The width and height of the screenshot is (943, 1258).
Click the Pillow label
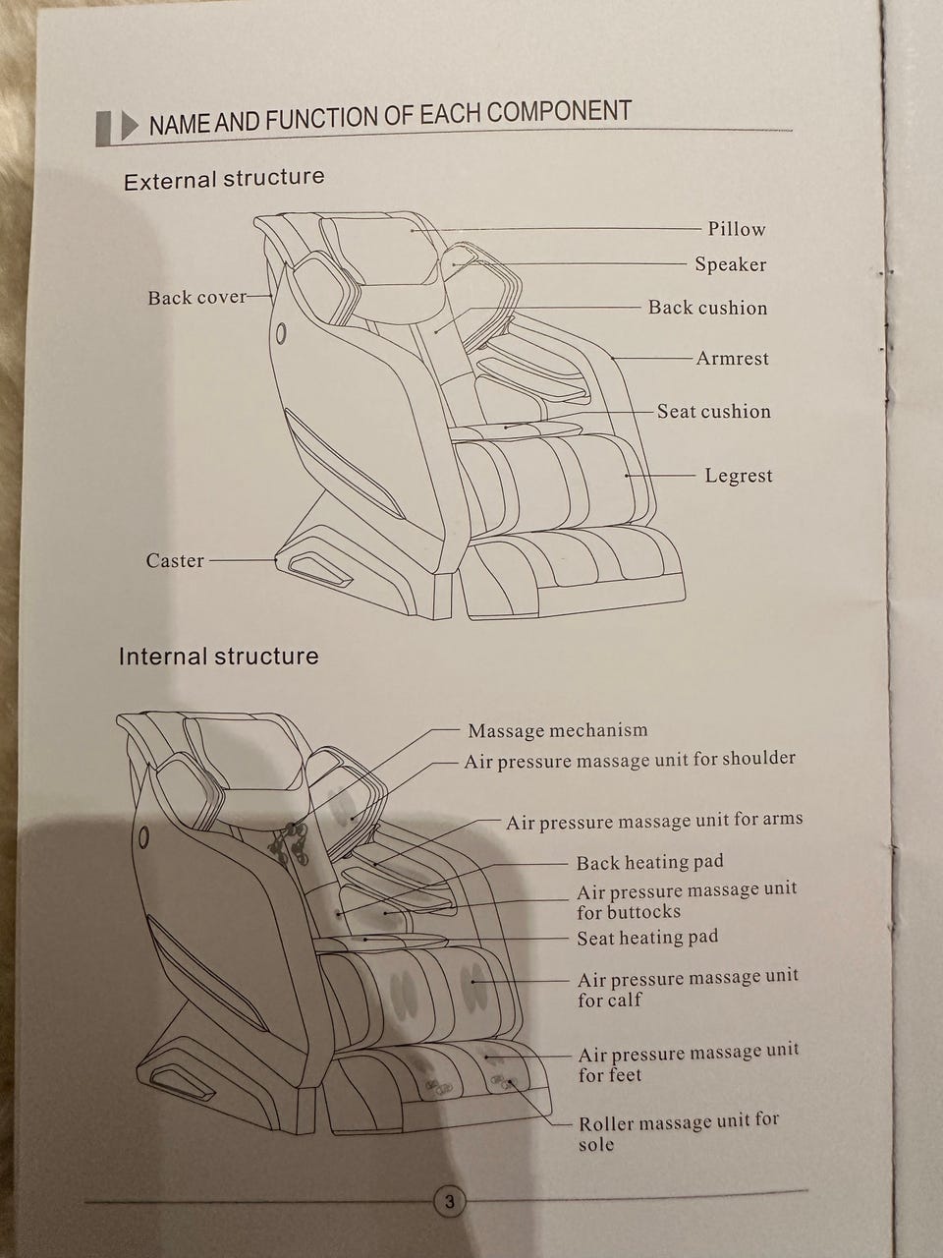click(x=736, y=229)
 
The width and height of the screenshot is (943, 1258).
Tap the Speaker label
click(x=730, y=264)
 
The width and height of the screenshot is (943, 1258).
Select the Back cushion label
click(x=707, y=308)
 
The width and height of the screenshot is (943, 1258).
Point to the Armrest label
click(x=732, y=359)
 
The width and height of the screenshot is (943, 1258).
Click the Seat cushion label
click(x=713, y=412)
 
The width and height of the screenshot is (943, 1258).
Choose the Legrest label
click(x=738, y=476)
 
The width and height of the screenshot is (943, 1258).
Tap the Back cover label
click(x=196, y=298)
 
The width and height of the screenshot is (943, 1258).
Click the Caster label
click(x=175, y=561)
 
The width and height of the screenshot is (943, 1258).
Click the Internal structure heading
click(x=218, y=657)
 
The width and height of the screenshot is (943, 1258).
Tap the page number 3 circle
click(x=449, y=1201)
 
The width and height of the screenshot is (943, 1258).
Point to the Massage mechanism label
click(x=557, y=730)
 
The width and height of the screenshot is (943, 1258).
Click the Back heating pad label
click(x=649, y=863)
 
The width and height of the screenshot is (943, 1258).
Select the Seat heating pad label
click(x=646, y=938)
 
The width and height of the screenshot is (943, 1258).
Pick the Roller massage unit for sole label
click(x=678, y=1133)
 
